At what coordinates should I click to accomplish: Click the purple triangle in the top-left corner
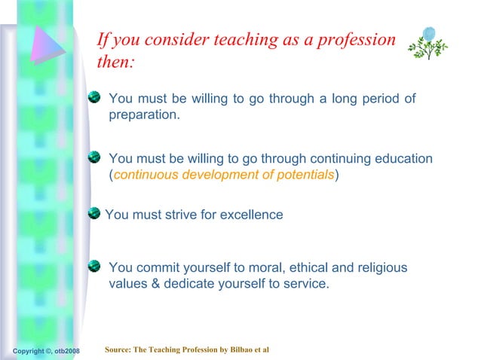tap(47, 46)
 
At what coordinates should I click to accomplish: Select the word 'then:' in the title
tap(115, 63)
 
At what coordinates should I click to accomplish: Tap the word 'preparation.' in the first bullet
tap(144, 116)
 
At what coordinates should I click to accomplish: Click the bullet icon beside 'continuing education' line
tap(94, 157)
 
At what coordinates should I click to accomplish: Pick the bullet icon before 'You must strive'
tap(94, 214)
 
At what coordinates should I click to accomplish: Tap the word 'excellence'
tap(252, 215)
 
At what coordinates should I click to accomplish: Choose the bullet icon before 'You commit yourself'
tap(94, 266)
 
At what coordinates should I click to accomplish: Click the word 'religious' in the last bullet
tap(380, 268)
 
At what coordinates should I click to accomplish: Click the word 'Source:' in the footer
tap(119, 350)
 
